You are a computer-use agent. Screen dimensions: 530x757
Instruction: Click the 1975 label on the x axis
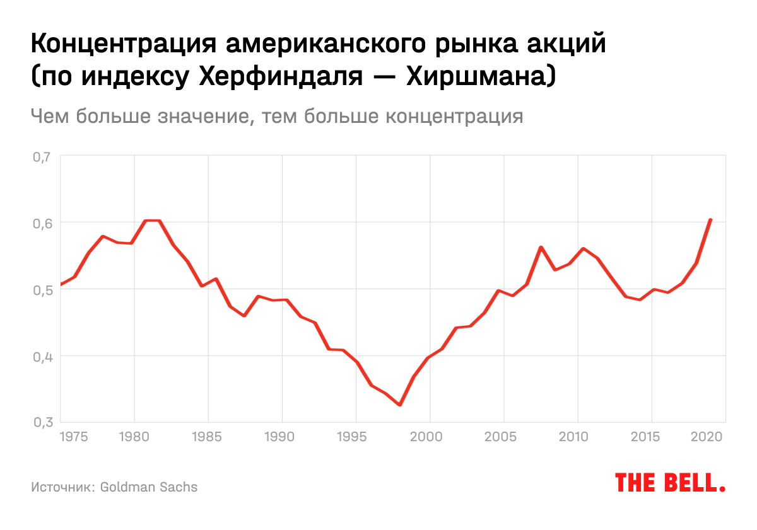74,435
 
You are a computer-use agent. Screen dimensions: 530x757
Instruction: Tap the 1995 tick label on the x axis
356,435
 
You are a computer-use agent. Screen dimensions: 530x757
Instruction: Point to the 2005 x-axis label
503,435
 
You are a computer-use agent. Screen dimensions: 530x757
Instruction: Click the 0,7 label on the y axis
40,156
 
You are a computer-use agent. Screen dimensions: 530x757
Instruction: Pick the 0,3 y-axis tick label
40,422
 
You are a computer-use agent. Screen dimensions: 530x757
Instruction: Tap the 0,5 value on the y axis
40,289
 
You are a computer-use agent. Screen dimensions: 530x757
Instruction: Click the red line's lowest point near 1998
399,405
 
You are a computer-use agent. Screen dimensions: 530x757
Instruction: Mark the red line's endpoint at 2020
711,220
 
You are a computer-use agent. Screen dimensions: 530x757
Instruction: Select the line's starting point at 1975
61,284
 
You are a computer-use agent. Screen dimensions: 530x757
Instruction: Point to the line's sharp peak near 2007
541,247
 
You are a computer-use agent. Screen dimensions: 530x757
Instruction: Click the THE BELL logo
670,483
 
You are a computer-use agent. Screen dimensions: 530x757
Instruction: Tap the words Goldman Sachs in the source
149,487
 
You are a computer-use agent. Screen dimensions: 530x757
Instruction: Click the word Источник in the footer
62,487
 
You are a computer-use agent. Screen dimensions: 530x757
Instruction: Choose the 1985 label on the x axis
208,435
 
